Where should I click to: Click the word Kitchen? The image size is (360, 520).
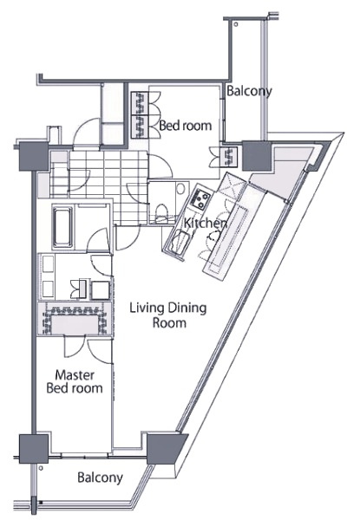coord(206,224)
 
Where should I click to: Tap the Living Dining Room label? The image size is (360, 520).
coord(168,315)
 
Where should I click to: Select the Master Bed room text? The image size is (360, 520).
coord(75,381)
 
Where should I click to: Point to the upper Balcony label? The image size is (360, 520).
coord(249,91)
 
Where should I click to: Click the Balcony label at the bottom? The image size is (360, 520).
coord(100,478)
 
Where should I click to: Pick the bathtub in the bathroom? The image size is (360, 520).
coord(62,227)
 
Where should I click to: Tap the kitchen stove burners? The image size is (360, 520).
coord(200,198)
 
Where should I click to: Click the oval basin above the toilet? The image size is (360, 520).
coord(180,189)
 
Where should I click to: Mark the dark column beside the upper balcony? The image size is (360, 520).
coord(257,155)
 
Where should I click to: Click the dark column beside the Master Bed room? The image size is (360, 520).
coord(33,449)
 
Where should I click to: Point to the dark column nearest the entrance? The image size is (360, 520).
coord(34,156)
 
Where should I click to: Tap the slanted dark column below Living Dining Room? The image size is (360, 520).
coord(165,449)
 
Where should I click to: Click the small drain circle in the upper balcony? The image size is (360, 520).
coord(236,24)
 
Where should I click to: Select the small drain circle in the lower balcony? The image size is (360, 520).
coord(41,468)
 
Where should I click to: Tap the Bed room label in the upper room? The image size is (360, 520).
coord(185,126)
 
